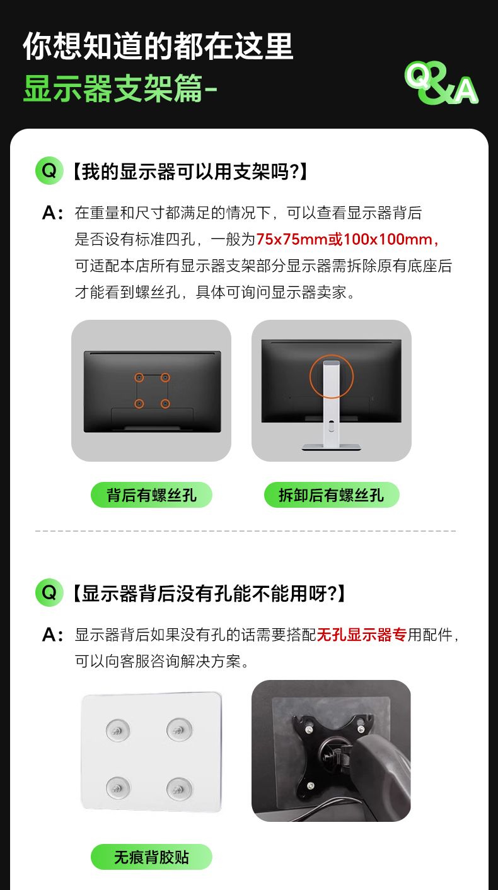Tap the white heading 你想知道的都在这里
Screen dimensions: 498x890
pos(158,46)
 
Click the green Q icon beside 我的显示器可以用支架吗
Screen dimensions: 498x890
pos(49,171)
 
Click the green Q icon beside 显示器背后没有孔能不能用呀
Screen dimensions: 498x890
pos(49,592)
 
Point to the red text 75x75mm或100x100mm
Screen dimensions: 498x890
pos(347,239)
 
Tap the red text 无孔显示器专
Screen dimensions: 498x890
pos(362,635)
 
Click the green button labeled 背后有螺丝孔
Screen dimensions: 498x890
pos(151,495)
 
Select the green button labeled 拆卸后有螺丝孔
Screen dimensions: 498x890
pos(332,495)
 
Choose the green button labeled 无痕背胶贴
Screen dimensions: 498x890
pos(151,857)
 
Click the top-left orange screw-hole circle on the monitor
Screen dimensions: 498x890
pos(139,377)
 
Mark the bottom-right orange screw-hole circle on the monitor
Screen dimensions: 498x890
pos(165,404)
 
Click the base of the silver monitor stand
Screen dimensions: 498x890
pos(331,447)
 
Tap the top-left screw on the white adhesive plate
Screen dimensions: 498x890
pos(118,730)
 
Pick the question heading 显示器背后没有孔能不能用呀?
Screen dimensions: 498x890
pos(209,593)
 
